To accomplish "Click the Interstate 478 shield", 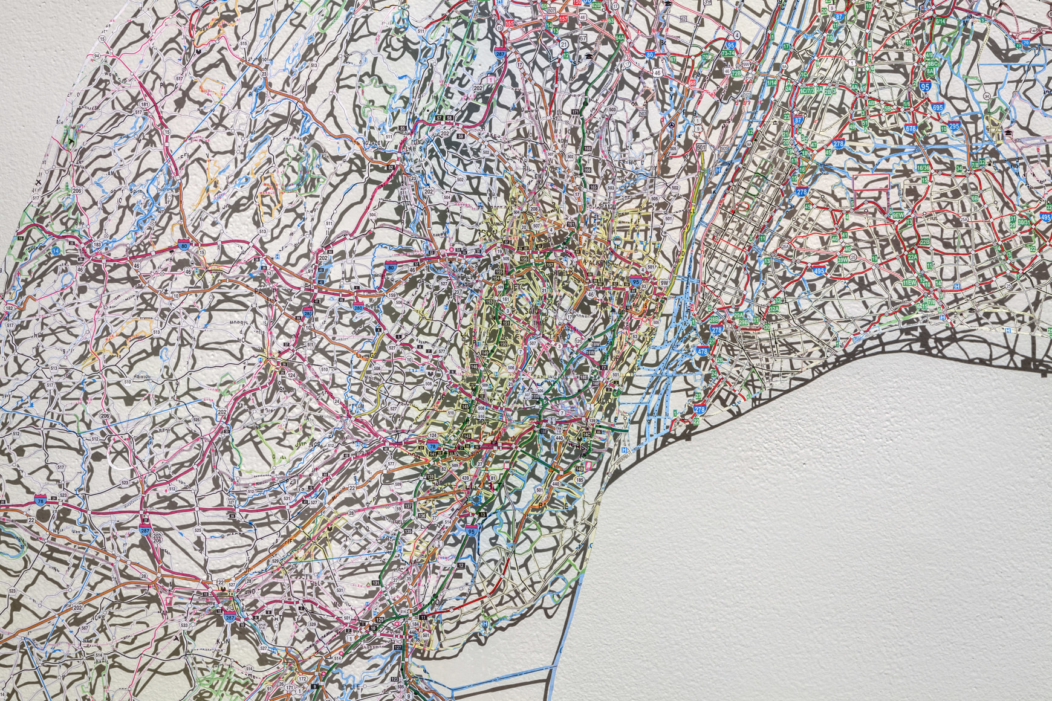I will point(702,350).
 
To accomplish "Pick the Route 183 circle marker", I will point(97,245).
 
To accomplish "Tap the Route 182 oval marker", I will point(9,308).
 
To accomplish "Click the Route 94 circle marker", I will point(96,56).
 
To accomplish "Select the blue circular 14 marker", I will point(56,250).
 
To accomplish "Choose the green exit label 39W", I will point(842,260).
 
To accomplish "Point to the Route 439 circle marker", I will point(465,478).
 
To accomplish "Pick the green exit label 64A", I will point(620,37).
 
